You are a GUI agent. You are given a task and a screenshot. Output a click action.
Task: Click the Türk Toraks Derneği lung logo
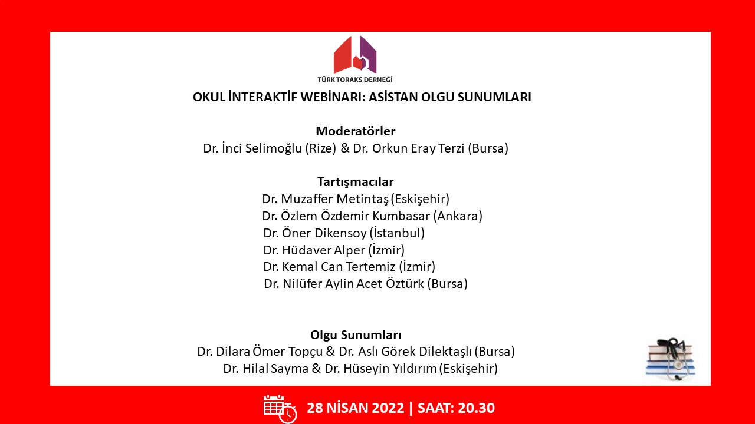[355, 55]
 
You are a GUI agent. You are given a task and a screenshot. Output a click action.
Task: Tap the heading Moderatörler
[356, 131]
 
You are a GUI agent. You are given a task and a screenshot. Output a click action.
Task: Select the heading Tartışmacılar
[356, 182]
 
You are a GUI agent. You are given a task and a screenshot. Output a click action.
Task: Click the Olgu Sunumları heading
[356, 335]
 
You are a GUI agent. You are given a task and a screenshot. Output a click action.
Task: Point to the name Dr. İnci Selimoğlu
[252, 148]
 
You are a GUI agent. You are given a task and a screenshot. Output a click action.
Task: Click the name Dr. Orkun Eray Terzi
[409, 148]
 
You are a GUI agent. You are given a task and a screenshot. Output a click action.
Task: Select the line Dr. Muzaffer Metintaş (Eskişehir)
[356, 199]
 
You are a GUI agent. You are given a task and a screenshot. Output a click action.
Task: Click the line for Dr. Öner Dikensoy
[344, 233]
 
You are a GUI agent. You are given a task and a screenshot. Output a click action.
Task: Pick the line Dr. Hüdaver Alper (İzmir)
[334, 250]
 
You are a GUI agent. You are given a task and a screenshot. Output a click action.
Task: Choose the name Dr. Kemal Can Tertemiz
[329, 267]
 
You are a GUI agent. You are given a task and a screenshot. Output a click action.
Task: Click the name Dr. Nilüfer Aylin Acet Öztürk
[343, 284]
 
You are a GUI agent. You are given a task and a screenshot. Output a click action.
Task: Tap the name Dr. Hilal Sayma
[265, 369]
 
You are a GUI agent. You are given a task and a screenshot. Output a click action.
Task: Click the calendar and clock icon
[280, 409]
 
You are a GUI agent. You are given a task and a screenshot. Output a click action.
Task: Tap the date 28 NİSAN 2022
[355, 408]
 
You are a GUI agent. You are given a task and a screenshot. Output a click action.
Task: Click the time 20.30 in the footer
[476, 408]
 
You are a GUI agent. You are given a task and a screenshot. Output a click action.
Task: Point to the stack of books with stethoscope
[670, 359]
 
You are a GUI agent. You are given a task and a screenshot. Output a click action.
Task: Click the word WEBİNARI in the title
[332, 97]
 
